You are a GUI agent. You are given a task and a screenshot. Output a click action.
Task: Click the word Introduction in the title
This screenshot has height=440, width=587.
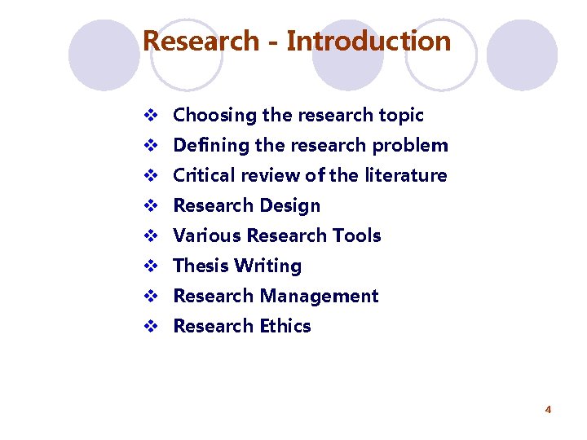[x=369, y=40]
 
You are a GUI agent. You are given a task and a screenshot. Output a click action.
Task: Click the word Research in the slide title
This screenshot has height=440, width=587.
[x=201, y=40]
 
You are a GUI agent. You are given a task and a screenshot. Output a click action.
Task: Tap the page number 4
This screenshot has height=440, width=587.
[x=548, y=409]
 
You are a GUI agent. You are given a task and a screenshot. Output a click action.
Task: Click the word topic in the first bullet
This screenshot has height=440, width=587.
[x=399, y=116]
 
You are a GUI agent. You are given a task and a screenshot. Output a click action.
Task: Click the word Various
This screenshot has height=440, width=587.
[x=207, y=235]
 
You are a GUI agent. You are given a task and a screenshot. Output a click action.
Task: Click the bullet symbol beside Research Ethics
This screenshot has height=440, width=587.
[x=149, y=326]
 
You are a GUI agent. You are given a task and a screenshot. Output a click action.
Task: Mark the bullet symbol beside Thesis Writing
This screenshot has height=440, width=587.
[x=149, y=266]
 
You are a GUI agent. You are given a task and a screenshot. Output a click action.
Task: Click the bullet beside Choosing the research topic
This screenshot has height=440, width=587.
[x=149, y=116]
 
